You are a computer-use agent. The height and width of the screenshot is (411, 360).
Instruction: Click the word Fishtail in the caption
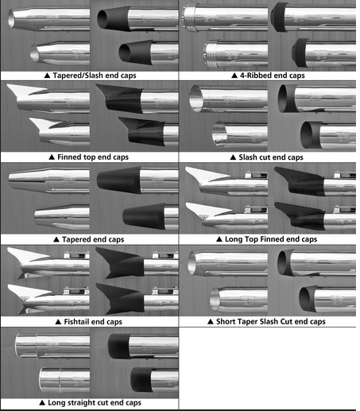coord(77,322)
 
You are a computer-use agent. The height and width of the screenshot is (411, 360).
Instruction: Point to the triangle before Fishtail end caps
coord(58,322)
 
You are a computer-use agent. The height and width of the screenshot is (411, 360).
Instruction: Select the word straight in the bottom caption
coord(81,403)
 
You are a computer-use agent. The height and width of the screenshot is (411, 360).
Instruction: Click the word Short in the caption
coord(224,321)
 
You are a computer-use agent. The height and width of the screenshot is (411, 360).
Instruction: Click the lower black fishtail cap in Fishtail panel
coord(121,298)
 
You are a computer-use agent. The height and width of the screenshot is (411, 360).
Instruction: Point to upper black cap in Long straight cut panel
coord(119,346)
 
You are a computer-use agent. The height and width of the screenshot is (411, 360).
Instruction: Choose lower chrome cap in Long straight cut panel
coord(50,379)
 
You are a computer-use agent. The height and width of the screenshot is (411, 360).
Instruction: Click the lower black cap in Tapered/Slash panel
coord(136,52)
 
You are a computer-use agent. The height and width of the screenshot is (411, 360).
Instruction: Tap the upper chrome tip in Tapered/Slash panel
coord(21,18)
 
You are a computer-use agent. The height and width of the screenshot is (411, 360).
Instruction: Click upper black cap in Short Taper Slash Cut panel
coord(285,262)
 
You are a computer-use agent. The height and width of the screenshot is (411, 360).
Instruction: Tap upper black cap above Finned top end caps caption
coord(119,99)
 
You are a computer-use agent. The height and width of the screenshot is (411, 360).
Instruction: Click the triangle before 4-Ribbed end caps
coord(234,76)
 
